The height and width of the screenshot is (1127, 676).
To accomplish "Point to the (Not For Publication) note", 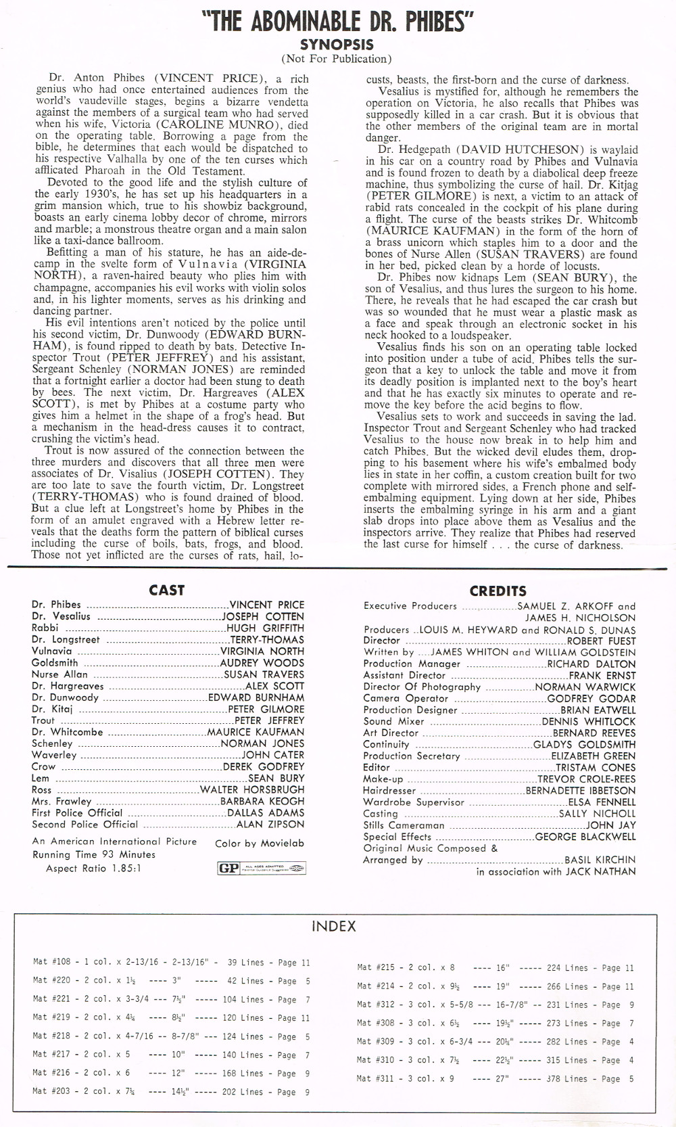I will click(x=336, y=59).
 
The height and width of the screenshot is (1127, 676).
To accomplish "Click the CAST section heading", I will click(x=166, y=590).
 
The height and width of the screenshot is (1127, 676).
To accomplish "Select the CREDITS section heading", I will click(x=498, y=591).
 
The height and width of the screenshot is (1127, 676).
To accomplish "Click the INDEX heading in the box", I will click(x=334, y=927).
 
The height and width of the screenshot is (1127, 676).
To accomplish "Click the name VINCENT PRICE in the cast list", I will click(x=267, y=605).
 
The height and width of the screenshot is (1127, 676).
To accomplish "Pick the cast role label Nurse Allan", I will click(x=59, y=674).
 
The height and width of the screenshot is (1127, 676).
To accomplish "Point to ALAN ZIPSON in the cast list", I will click(x=270, y=824).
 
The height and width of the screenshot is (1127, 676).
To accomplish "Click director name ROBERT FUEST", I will click(x=601, y=641).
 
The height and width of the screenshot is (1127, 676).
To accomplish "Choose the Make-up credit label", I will click(x=383, y=779).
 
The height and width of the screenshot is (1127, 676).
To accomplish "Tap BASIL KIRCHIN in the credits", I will click(x=600, y=860).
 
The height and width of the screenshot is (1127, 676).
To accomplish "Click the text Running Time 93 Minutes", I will click(x=94, y=854).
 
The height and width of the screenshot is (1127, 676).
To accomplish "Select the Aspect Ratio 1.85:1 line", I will click(x=93, y=869).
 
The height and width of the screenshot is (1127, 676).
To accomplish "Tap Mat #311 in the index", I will click(x=376, y=1079).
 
